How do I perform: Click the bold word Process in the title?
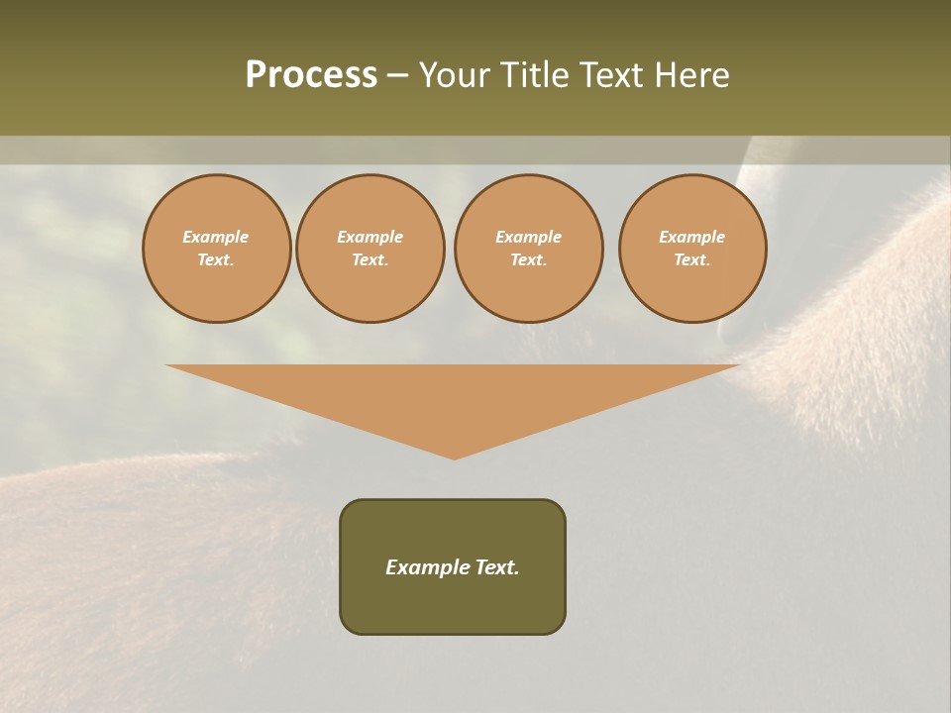(311, 75)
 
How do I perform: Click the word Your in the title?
(455, 75)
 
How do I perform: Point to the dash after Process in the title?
(397, 76)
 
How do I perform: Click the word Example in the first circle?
(216, 237)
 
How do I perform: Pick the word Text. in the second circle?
(370, 260)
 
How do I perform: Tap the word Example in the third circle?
(529, 237)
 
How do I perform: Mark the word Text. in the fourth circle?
(692, 260)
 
